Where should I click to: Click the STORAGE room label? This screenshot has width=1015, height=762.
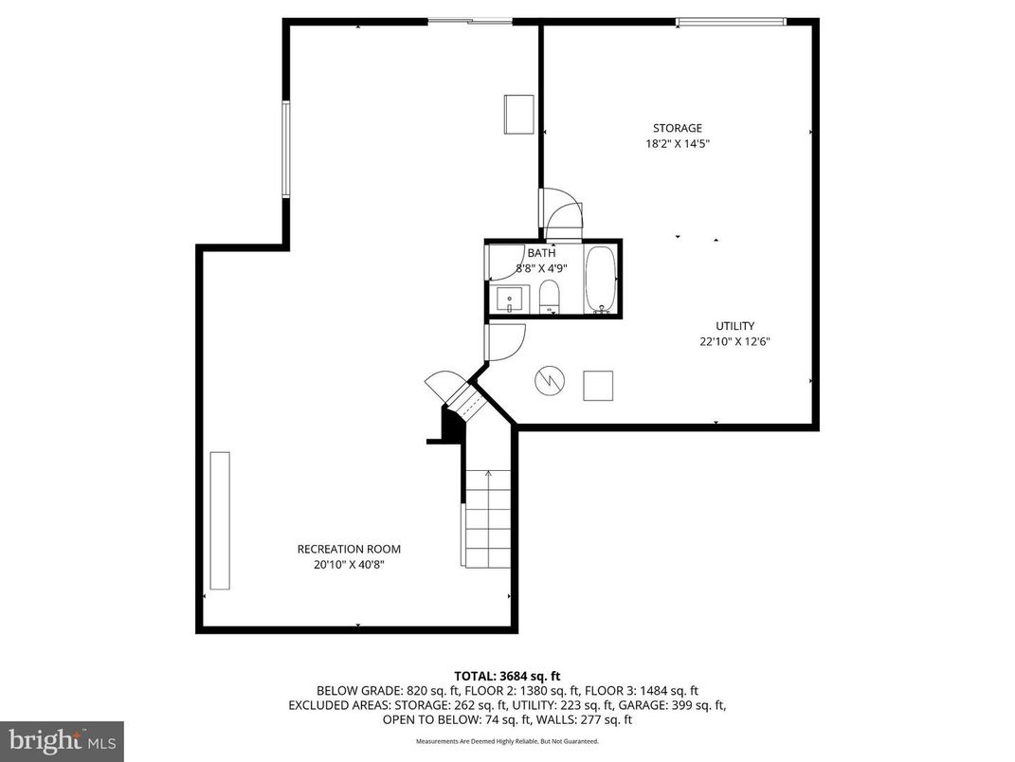tap(677, 128)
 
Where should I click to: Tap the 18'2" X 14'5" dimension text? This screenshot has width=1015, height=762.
tap(677, 144)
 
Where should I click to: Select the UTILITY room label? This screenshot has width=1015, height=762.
tap(734, 326)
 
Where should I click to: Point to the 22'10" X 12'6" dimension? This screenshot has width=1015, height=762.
tap(734, 342)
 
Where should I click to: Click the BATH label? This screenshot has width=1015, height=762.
tap(541, 253)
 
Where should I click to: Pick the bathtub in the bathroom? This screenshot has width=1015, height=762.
tap(601, 279)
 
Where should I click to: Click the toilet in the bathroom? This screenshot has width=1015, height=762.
tap(550, 296)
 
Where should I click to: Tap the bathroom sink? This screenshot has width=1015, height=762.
tap(510, 299)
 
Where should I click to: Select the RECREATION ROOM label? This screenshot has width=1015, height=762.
tap(349, 549)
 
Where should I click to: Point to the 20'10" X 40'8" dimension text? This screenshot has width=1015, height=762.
tap(349, 565)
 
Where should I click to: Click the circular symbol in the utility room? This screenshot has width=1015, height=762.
tap(549, 381)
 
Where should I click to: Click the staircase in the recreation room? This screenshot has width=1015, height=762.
tap(487, 517)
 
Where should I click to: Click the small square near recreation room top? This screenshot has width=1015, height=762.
tap(518, 115)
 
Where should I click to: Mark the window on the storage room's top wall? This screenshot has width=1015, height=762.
tap(730, 21)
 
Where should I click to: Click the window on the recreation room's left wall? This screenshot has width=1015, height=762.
tap(285, 149)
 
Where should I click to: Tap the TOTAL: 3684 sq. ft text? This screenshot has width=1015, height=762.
tap(507, 676)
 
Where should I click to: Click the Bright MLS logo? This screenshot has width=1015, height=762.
tap(62, 739)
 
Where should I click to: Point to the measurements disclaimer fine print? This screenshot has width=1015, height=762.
tap(507, 741)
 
